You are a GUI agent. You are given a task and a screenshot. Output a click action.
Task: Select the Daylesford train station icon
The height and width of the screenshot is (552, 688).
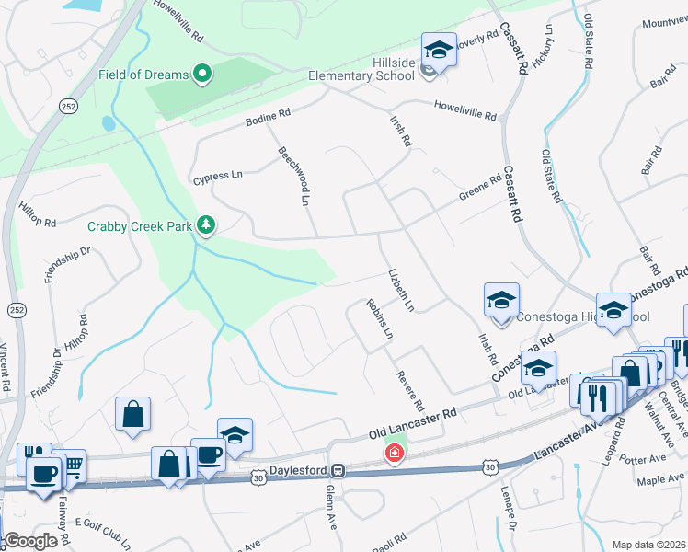click(x=338, y=470)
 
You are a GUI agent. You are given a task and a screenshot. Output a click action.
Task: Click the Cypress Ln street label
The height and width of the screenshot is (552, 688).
click(x=217, y=174)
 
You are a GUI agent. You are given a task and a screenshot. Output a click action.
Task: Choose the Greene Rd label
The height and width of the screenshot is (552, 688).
click(x=480, y=187)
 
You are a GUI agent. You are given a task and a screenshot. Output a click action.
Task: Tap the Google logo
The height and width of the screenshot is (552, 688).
click(x=29, y=541)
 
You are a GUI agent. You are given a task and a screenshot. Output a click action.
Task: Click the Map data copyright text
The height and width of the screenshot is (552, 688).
click(x=648, y=545)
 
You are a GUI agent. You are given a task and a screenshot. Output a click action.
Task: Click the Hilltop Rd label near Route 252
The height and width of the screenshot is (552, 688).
click(x=38, y=223)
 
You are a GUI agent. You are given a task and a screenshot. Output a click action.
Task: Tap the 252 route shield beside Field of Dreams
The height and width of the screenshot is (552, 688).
click(x=68, y=81)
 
